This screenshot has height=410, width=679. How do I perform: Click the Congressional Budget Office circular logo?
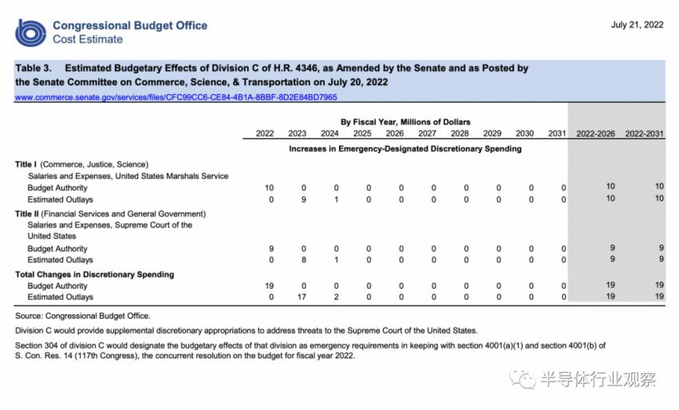[31, 32]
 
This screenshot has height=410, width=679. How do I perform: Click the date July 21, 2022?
[637, 25]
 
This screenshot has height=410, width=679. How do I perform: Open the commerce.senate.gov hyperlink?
[176, 97]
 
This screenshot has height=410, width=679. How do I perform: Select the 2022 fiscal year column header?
[265, 133]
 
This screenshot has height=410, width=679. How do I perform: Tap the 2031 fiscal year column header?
[557, 133]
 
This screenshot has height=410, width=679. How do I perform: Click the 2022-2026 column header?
[595, 133]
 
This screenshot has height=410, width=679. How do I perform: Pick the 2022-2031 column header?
[644, 133]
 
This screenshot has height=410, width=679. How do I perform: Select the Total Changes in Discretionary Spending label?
[94, 274]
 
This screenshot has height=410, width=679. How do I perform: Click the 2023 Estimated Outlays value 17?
[302, 297]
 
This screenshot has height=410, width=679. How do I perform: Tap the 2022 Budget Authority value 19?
[269, 286]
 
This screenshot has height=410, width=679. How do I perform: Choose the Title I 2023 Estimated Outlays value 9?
[304, 199]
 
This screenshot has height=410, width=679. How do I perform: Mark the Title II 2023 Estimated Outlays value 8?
[304, 260]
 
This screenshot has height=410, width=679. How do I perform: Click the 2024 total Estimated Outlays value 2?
[337, 297]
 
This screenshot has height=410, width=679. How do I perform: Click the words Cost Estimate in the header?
[88, 39]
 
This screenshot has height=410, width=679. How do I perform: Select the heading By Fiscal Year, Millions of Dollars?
[405, 122]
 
